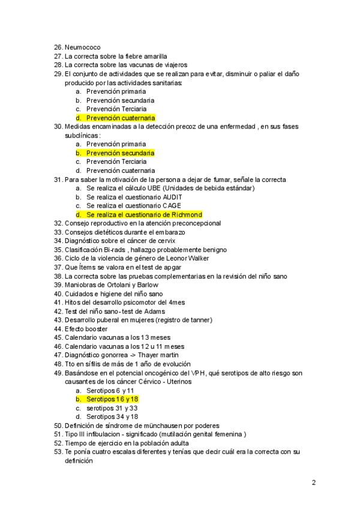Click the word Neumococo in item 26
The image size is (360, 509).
point(82,47)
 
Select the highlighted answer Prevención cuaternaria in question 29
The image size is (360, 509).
point(120,118)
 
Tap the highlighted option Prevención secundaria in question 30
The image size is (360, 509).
point(120,153)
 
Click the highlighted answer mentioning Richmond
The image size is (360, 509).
point(144,214)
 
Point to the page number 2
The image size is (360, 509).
point(314,483)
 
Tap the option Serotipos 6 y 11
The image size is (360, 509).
point(110,390)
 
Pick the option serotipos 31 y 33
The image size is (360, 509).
point(112,408)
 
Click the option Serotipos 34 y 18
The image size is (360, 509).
point(112,417)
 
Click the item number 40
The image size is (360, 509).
point(58,294)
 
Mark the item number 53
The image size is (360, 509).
point(58,452)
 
